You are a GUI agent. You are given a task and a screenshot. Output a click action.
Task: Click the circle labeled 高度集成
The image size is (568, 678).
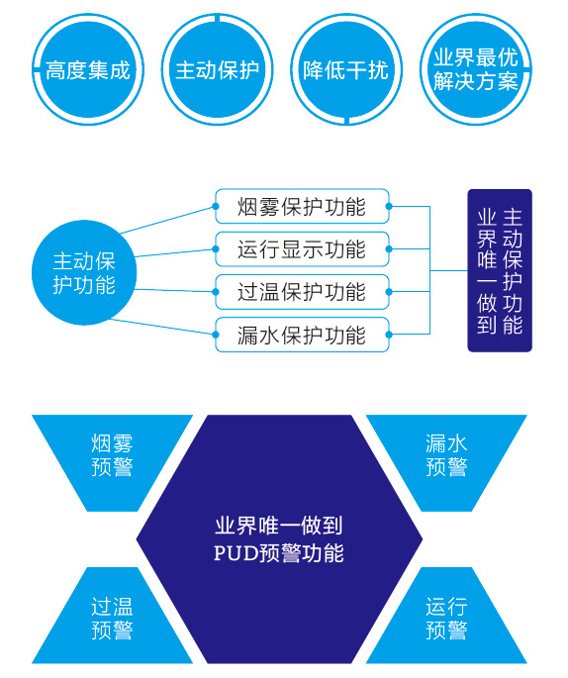pos(88,69)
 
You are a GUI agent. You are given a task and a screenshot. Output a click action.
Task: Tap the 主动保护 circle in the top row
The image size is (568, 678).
pos(217,69)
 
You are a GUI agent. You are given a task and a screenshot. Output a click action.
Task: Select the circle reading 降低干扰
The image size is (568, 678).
pos(346,69)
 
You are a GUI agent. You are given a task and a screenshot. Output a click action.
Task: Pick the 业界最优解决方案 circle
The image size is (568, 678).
pos(476,69)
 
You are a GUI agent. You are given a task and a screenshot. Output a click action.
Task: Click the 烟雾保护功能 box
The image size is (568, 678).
pos(302,206)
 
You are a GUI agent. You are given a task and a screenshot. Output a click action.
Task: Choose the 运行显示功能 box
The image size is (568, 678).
pos(302,249)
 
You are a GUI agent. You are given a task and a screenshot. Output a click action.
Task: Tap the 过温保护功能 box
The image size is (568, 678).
pos(302,292)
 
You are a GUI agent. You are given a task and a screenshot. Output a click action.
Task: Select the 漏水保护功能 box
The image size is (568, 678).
pos(302,335)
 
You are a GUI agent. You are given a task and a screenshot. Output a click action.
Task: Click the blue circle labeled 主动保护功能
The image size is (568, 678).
pos(84,272)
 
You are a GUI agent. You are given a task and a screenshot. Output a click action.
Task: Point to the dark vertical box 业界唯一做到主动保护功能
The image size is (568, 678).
pos(500,270)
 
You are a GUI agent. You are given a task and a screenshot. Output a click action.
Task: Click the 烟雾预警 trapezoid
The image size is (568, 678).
pos(112,462)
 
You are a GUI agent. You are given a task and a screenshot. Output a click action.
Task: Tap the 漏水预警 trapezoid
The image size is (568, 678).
pos(446,462)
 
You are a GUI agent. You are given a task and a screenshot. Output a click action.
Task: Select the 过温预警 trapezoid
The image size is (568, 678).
pos(112,616)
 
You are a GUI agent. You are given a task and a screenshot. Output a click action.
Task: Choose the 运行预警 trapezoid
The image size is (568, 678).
pos(446,616)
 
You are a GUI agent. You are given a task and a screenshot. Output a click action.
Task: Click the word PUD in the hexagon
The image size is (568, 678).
pos(236,553)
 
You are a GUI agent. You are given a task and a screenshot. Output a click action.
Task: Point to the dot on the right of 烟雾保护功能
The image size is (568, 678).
pos(389,206)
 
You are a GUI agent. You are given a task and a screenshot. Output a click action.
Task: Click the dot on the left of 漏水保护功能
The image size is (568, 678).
pos(216,335)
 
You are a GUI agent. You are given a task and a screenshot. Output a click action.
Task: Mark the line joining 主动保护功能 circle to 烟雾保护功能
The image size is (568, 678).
pos(167,220)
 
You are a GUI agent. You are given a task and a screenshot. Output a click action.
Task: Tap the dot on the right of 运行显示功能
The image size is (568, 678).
pos(389,249)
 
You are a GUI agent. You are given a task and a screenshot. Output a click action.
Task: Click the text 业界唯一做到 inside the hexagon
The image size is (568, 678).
pos(279,526)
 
